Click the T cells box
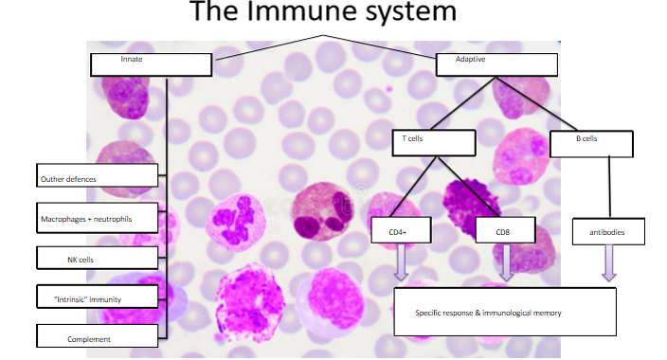(432, 142)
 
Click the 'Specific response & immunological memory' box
(504, 312)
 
